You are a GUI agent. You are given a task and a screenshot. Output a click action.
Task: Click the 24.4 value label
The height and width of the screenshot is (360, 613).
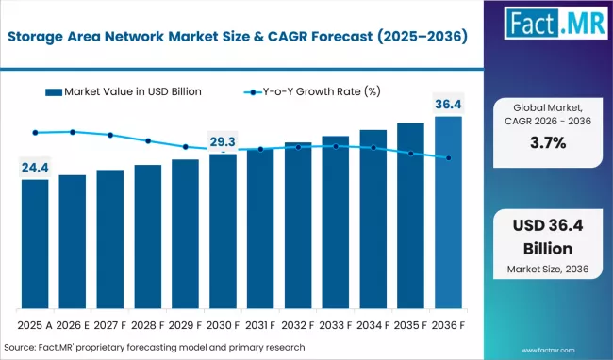pyautogui.click(x=35, y=168)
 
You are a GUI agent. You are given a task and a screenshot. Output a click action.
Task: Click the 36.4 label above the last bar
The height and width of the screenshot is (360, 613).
pyautogui.click(x=449, y=103)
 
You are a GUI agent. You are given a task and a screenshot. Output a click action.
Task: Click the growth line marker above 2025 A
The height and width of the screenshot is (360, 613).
pyautogui.click(x=35, y=133)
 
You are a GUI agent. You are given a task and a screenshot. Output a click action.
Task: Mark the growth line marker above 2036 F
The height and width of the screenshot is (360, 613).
pyautogui.click(x=449, y=158)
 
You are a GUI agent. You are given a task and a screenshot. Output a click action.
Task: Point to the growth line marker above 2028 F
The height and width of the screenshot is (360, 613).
pyautogui.click(x=148, y=141)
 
